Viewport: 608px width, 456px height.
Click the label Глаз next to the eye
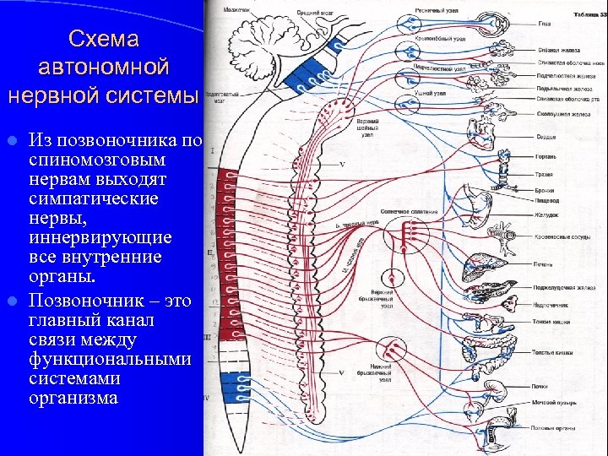544,24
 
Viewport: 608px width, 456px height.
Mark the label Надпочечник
551,305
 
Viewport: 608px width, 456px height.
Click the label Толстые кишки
553,351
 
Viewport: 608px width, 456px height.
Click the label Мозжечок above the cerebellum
236,10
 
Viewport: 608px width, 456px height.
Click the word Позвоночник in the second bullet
79,301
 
